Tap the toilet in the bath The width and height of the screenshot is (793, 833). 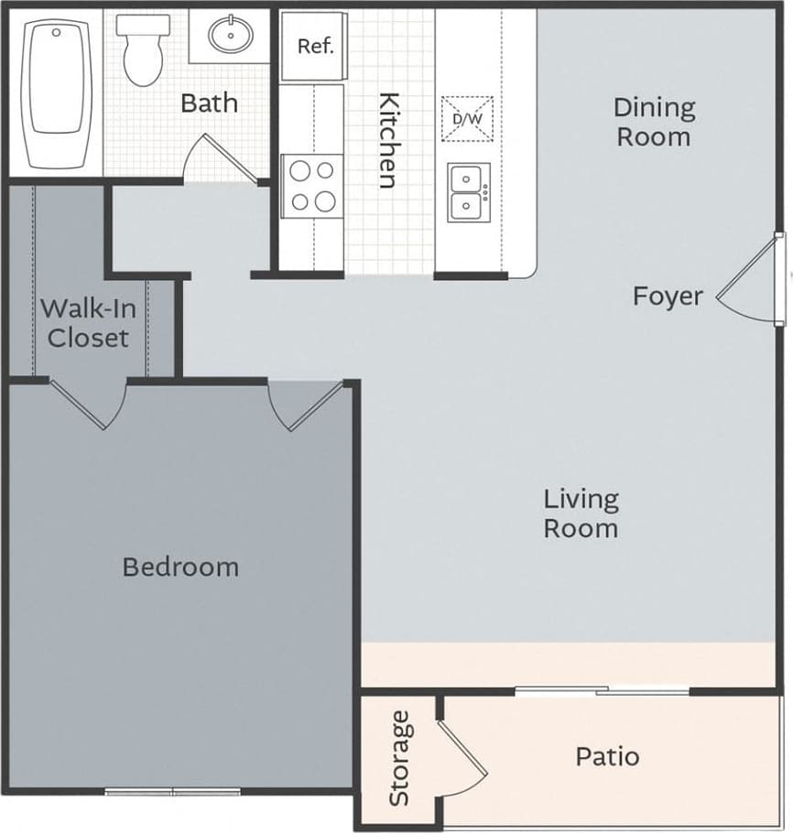pos(140,49)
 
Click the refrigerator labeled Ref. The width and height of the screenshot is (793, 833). pos(314,47)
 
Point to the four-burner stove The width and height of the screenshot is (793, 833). pos(311,186)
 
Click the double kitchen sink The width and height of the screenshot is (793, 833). pos(469,192)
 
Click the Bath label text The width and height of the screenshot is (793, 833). pos(209,103)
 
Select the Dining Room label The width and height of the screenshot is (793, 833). pos(653,122)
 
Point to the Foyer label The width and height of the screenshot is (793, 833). pos(668,296)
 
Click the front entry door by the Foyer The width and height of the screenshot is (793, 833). pos(751,279)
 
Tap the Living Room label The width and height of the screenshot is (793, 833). pos(581,514)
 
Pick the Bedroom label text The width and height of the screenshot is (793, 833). pos(180,567)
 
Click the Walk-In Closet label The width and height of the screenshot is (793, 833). pos(88,322)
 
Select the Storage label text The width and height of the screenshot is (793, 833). pos(398,759)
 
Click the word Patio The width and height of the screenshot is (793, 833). pos(607,757)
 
